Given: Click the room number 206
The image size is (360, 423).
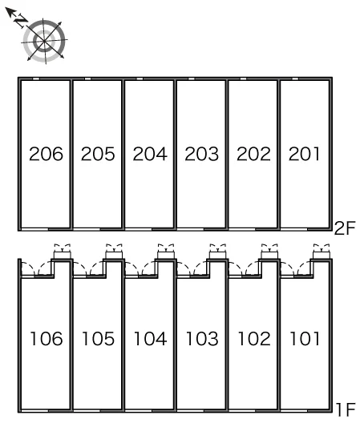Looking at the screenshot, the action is [46, 154].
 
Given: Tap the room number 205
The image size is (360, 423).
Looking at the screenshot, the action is [98, 154].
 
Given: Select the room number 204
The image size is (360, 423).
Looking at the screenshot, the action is [150, 154].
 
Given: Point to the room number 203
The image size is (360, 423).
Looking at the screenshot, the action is [202, 154].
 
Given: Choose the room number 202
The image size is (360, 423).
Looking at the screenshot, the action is [253, 154].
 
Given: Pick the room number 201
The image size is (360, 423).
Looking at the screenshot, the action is [304, 154].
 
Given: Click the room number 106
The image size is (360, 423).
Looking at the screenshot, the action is [47, 339].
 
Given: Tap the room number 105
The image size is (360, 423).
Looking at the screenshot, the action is [99, 339].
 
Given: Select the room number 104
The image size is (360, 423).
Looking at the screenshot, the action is [151, 339].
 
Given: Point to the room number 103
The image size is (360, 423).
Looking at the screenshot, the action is [202, 339].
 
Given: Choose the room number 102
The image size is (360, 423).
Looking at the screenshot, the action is [254, 339].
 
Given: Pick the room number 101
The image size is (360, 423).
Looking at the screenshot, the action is [305, 339].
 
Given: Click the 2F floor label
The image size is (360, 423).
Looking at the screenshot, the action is [345, 228].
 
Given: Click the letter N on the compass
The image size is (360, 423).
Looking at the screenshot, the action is [21, 20].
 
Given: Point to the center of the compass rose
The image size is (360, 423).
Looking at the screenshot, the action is [45, 41].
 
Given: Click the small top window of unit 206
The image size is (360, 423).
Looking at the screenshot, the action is [35, 79].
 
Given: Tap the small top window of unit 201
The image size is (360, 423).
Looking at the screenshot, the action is [295, 79].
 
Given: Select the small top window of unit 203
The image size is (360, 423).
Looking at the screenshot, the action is [191, 79].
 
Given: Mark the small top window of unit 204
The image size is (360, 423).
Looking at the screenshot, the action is [140, 79].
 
